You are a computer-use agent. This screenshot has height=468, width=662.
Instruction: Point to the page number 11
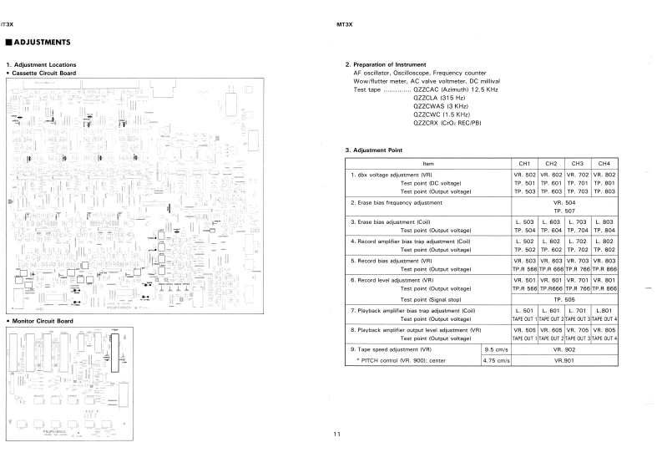(x=336, y=434)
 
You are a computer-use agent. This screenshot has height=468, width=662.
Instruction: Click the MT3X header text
(x=343, y=24)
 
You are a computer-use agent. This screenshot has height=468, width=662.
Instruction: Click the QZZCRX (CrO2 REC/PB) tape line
(x=447, y=123)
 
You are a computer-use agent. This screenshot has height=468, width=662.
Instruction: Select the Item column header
(x=428, y=163)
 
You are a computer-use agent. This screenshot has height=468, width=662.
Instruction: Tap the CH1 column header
(x=524, y=163)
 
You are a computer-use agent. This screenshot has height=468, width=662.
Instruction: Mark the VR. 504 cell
(x=564, y=202)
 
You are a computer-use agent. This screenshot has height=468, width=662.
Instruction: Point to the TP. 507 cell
(x=564, y=211)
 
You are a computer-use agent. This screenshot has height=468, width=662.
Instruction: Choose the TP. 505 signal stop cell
(x=564, y=298)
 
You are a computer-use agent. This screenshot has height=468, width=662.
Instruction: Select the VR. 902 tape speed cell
(x=564, y=349)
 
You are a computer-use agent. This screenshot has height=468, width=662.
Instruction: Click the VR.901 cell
(x=564, y=360)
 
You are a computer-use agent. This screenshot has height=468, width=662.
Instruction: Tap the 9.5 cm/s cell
(x=497, y=349)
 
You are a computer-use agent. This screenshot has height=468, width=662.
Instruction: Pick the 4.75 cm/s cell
(x=497, y=360)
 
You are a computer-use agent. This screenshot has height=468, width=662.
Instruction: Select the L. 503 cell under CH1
(x=524, y=221)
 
